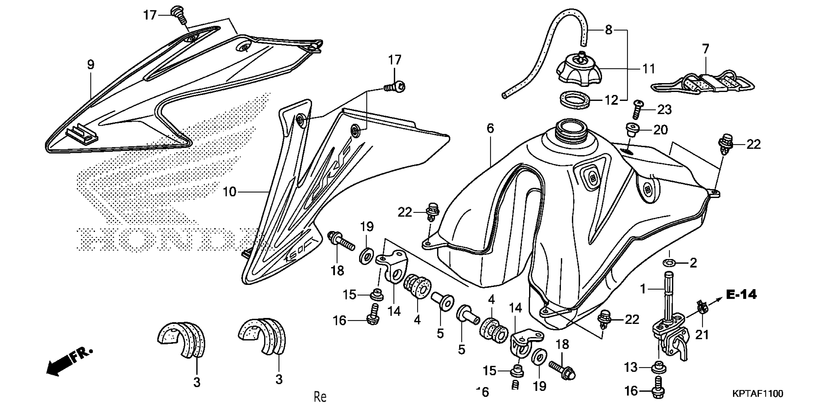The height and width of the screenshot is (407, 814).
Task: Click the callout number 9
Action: [x=91, y=65]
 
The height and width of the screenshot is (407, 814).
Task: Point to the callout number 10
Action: [x=230, y=192]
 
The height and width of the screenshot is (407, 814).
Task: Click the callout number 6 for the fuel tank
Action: [x=490, y=129]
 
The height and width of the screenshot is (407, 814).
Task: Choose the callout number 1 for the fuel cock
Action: [x=643, y=288]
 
